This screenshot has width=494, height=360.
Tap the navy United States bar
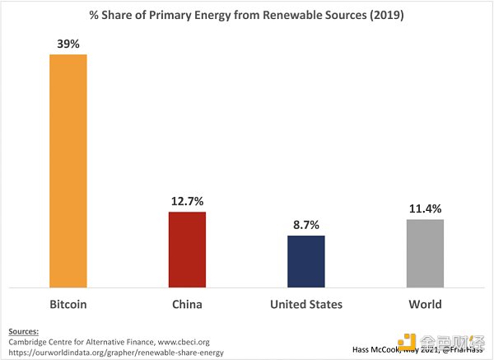pos(306,260)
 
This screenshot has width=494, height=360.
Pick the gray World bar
pos(425,252)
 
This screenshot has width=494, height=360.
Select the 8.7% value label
pos(306,223)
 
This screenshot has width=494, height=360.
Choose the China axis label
pos(187,304)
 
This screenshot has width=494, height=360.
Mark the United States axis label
pos(306,304)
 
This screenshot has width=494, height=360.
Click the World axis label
pos(425,304)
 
